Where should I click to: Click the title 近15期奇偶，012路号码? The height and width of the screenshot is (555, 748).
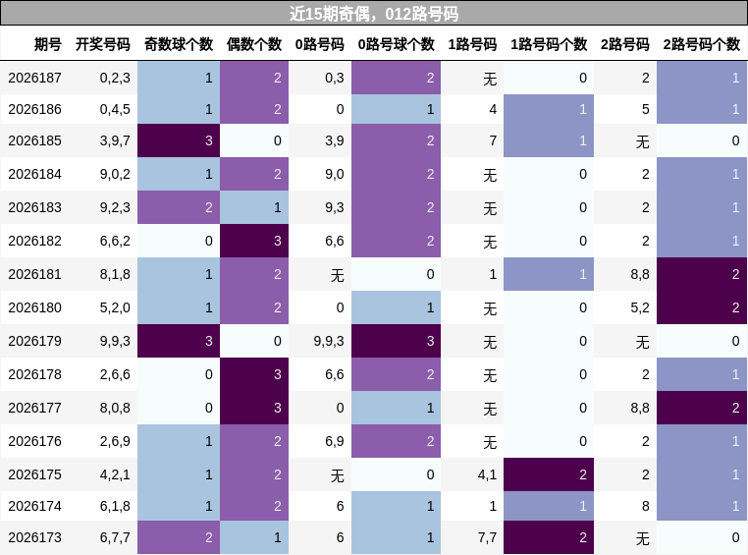tap(374, 14)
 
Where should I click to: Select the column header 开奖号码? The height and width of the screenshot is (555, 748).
tap(102, 44)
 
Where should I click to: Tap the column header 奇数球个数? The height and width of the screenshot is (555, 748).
tap(179, 44)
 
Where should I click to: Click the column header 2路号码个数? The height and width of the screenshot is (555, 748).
tap(701, 44)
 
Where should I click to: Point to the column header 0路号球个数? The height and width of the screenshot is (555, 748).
tap(396, 44)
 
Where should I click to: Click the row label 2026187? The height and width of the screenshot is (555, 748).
tap(34, 78)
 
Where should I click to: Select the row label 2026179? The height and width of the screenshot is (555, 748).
tap(34, 341)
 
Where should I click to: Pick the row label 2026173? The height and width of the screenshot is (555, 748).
tap(34, 538)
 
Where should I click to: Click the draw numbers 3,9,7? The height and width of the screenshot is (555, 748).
tap(115, 140)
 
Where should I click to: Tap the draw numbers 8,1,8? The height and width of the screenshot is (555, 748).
tap(115, 274)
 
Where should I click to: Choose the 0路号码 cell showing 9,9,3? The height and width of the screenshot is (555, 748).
tap(329, 341)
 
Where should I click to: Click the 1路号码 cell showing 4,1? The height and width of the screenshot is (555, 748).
tap(487, 474)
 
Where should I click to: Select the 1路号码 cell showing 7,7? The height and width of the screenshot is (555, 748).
tap(487, 538)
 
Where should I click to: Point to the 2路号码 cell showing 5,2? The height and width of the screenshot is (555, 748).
tap(640, 307)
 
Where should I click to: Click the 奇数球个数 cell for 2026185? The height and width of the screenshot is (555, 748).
tap(179, 140)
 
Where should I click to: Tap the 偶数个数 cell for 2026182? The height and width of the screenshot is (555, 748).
tap(254, 241)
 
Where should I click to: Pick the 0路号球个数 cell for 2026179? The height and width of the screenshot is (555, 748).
tap(396, 341)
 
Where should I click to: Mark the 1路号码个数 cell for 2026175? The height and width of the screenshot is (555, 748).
tap(549, 474)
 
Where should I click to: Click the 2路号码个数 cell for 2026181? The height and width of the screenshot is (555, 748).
tap(702, 274)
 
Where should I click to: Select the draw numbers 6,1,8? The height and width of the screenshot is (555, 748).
tap(115, 506)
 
